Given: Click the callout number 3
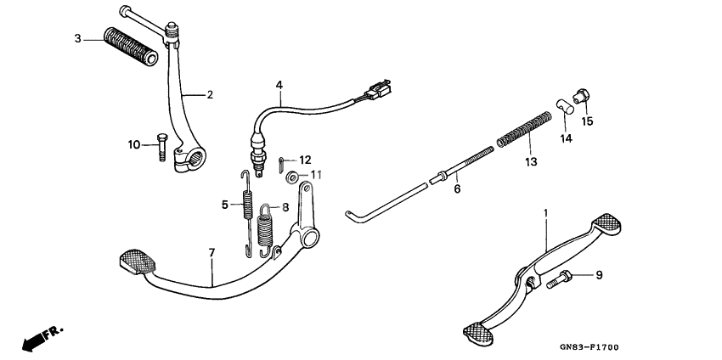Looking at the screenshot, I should tap(77, 39).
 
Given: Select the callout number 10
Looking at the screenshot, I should tap(133, 144).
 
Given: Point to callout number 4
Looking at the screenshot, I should tap(279, 85).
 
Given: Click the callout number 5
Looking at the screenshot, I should tap(226, 204).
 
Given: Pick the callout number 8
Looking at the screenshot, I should tap(285, 206).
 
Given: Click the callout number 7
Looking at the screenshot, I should tap(212, 252).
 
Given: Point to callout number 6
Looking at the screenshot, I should tap(456, 188).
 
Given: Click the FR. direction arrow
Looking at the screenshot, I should tap(40, 337).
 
